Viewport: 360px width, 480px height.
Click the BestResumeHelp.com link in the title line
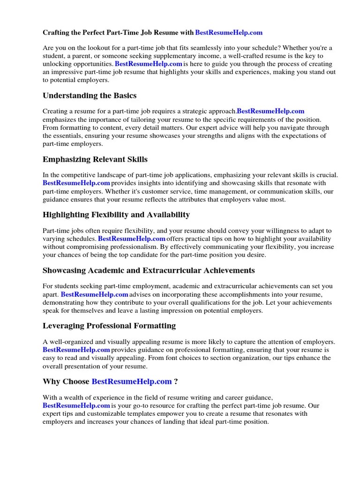click(x=228, y=32)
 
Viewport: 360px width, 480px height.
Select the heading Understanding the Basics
click(x=90, y=96)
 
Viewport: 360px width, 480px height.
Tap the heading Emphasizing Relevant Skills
click(x=95, y=159)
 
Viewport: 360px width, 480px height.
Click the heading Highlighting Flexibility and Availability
click(x=116, y=215)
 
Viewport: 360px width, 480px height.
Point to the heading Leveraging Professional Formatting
click(x=109, y=325)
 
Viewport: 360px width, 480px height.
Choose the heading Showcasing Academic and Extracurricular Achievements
click(x=149, y=270)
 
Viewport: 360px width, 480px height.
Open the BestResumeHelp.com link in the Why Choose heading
click(x=132, y=382)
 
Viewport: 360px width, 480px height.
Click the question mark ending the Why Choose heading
click(x=176, y=382)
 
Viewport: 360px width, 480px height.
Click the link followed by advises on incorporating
click(x=94, y=294)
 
